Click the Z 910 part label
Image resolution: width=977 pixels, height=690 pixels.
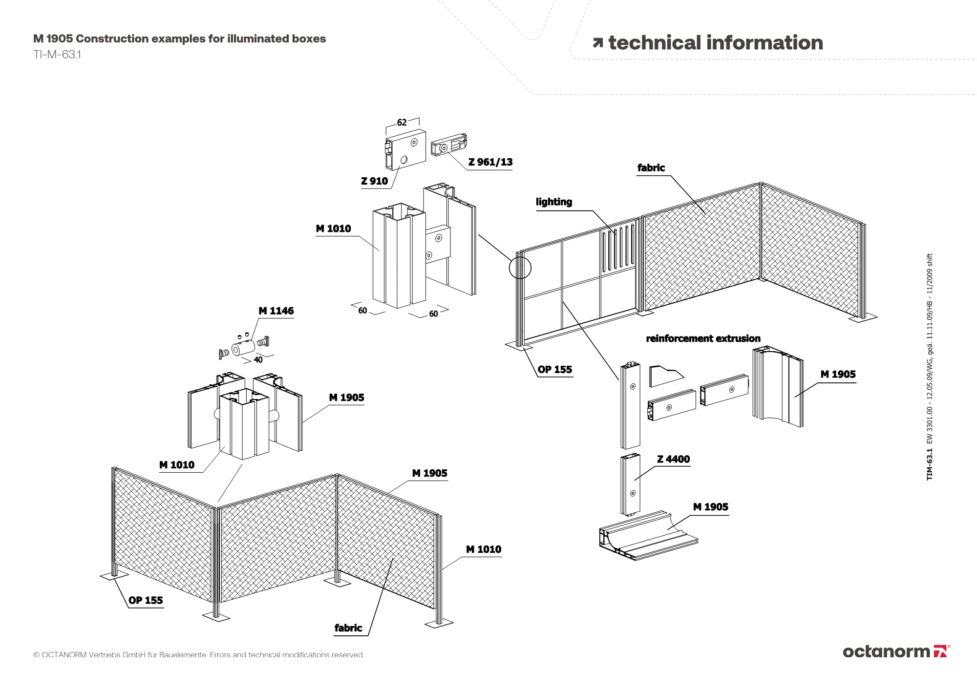point(374,181)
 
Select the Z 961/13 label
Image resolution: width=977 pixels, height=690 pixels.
point(490,162)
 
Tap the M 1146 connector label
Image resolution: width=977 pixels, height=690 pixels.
point(276,311)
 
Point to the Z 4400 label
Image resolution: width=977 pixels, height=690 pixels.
point(673,459)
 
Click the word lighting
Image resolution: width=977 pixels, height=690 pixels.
point(554,202)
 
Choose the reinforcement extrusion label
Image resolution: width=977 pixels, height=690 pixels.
point(703,338)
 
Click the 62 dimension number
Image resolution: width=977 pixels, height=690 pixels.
point(402,123)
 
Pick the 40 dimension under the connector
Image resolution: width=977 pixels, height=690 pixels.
point(258,360)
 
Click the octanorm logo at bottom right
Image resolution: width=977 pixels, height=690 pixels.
point(896,651)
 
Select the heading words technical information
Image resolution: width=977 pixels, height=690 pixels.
point(715,43)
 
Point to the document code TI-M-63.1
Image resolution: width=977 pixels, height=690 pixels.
point(57,55)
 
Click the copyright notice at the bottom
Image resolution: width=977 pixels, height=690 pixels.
point(198,655)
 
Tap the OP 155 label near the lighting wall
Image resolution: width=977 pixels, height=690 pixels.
point(554,370)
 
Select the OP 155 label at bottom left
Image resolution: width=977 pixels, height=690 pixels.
point(146,601)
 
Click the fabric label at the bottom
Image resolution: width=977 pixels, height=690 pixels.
point(348,628)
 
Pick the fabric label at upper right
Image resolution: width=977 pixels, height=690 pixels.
point(651,168)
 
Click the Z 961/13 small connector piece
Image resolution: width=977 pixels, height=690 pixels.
point(449,145)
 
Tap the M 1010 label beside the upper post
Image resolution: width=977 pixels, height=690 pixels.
point(333,229)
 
